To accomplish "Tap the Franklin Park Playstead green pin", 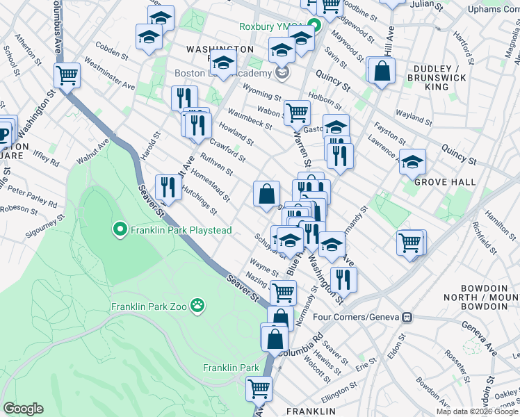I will click(120, 228).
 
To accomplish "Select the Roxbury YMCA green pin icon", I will click(314, 27).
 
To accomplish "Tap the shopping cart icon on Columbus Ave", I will click(67, 75).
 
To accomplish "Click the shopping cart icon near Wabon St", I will click(297, 111).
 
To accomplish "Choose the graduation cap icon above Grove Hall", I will click(412, 162).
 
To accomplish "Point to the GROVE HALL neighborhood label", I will click(445, 182).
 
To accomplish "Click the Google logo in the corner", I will click(23, 409).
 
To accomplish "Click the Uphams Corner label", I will click(493, 9).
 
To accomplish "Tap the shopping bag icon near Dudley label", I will click(382, 70).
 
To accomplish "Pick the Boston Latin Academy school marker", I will click(282, 72).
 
